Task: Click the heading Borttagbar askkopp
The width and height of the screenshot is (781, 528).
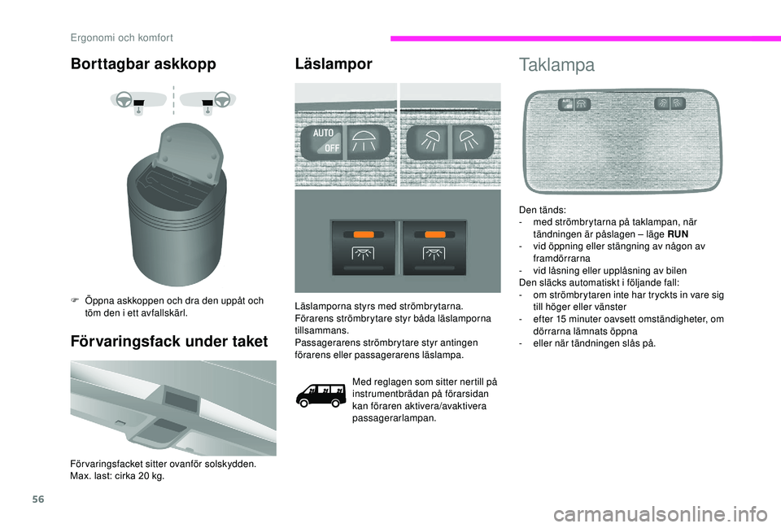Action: click(144, 64)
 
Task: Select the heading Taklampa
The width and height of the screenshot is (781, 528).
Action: click(556, 65)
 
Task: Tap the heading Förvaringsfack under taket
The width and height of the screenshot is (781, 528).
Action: click(168, 342)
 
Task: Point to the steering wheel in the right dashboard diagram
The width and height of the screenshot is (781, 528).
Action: click(223, 100)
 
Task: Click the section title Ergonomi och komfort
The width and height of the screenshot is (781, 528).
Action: click(120, 37)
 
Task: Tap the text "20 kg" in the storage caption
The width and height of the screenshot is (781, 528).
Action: click(150, 476)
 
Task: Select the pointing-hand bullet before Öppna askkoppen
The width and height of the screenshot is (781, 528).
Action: click(75, 301)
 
